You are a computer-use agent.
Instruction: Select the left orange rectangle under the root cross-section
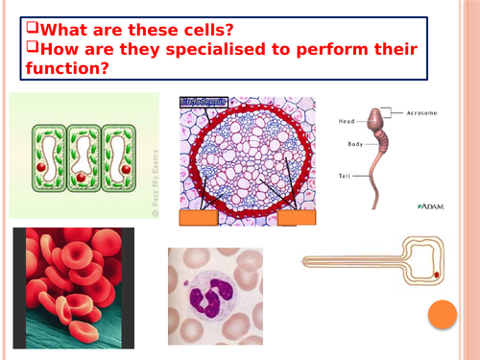point(199,218)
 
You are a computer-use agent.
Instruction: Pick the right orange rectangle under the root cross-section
point(295,218)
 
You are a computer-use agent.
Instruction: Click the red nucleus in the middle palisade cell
point(84,178)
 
